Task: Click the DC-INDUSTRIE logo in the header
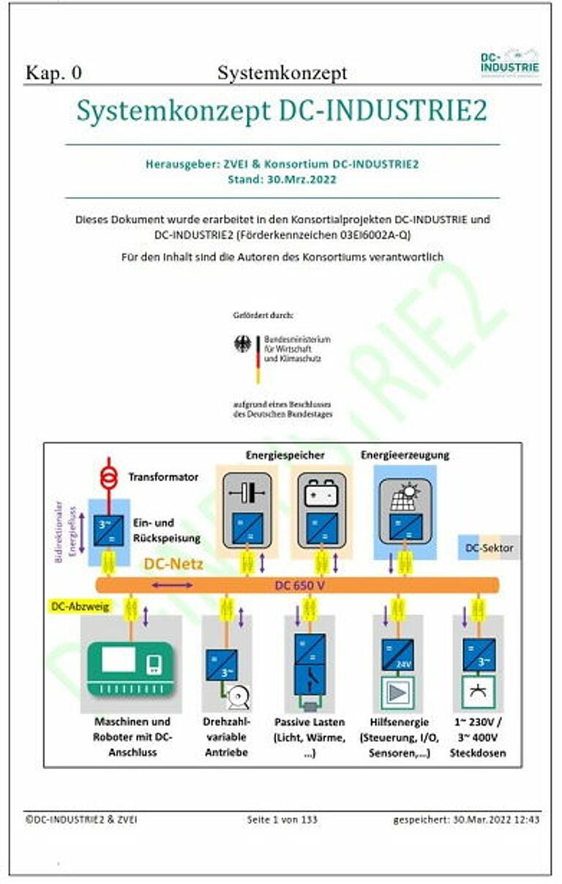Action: pos(510,62)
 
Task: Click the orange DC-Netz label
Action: pos(173,564)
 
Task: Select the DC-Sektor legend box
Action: pos(490,547)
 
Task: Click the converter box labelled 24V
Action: pos(397,653)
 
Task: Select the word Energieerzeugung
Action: pos(405,455)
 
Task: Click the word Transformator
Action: pos(163,477)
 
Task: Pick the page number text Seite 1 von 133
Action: pos(282,820)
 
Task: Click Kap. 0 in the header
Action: pos(53,73)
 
